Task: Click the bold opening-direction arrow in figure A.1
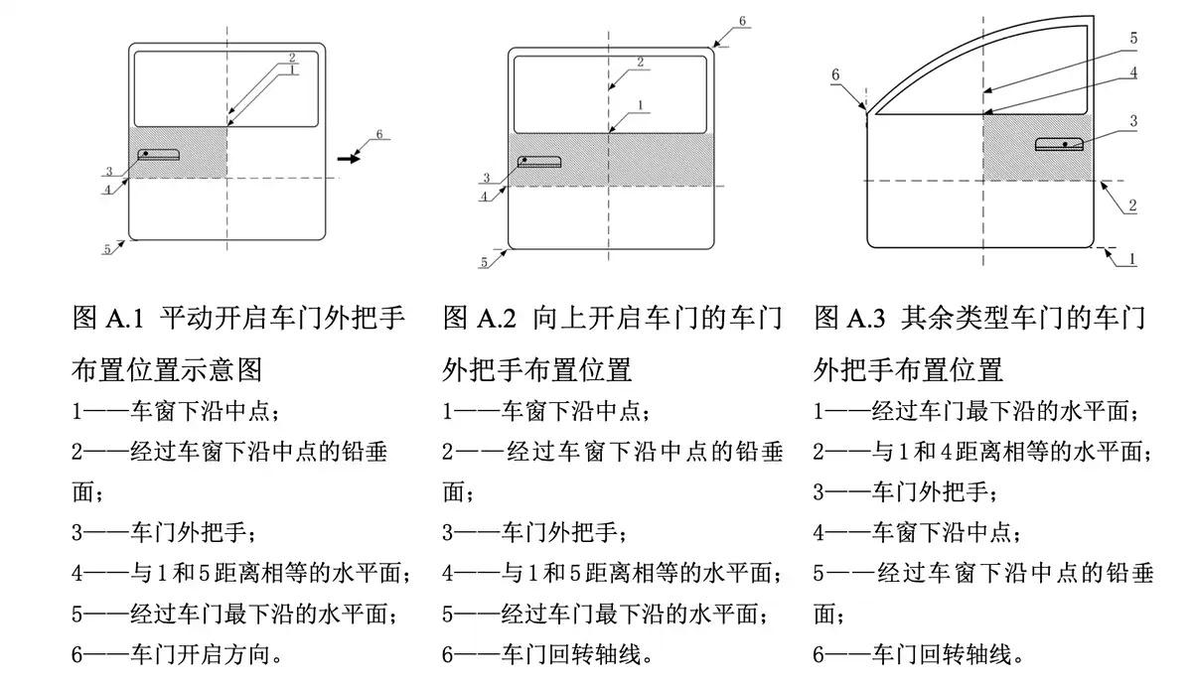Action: pyautogui.click(x=348, y=156)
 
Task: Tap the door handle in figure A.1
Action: pyautogui.click(x=160, y=154)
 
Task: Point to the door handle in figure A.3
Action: pyautogui.click(x=1059, y=144)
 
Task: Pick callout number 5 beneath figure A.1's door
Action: pyautogui.click(x=107, y=249)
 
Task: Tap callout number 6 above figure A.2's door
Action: pyautogui.click(x=742, y=21)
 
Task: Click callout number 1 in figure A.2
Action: pyautogui.click(x=642, y=104)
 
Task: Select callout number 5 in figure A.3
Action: pyautogui.click(x=1133, y=39)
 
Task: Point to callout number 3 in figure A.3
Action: pyautogui.click(x=1132, y=121)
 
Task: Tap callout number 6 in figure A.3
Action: pyautogui.click(x=835, y=74)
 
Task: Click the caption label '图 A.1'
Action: pyautogui.click(x=109, y=319)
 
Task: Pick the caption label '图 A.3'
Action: pyautogui.click(x=851, y=319)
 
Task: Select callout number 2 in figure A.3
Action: pyautogui.click(x=1131, y=205)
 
